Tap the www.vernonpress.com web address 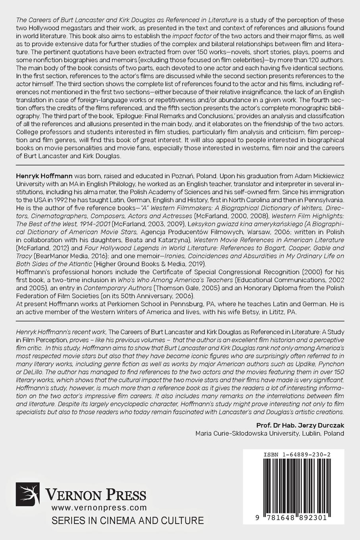click(x=99, y=507)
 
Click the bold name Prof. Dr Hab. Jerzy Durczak click(x=300, y=425)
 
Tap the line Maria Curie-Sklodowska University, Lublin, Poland click(x=270, y=433)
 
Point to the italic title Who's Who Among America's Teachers click(x=175, y=280)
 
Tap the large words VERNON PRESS click(x=96, y=495)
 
